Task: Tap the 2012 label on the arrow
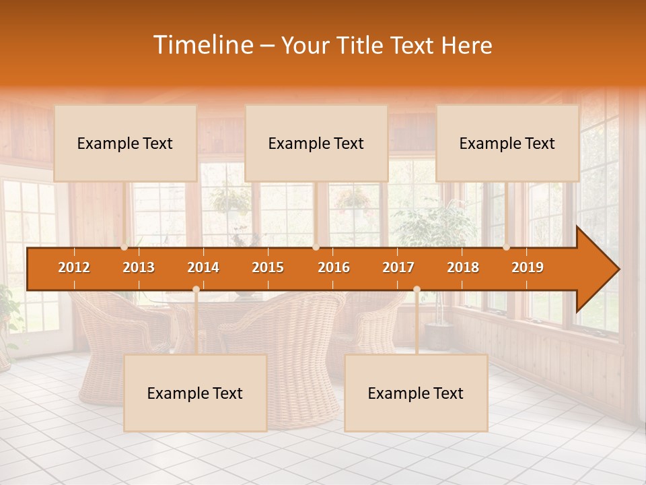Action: tap(74, 267)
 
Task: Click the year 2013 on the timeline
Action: tap(139, 267)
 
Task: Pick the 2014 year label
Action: tap(203, 267)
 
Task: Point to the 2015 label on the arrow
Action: tap(268, 267)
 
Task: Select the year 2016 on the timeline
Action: tap(334, 267)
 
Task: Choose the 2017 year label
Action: tap(398, 267)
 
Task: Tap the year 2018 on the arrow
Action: tap(463, 267)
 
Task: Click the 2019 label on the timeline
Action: tap(528, 267)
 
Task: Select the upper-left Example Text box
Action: tap(125, 143)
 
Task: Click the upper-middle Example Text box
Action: tap(316, 143)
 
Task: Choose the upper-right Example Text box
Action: tap(507, 143)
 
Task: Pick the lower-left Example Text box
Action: tap(195, 393)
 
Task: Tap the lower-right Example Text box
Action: tap(416, 393)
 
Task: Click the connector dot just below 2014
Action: tap(196, 290)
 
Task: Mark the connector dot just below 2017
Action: tap(417, 290)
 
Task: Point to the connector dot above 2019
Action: tap(507, 247)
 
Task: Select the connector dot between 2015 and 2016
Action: tap(316, 247)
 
